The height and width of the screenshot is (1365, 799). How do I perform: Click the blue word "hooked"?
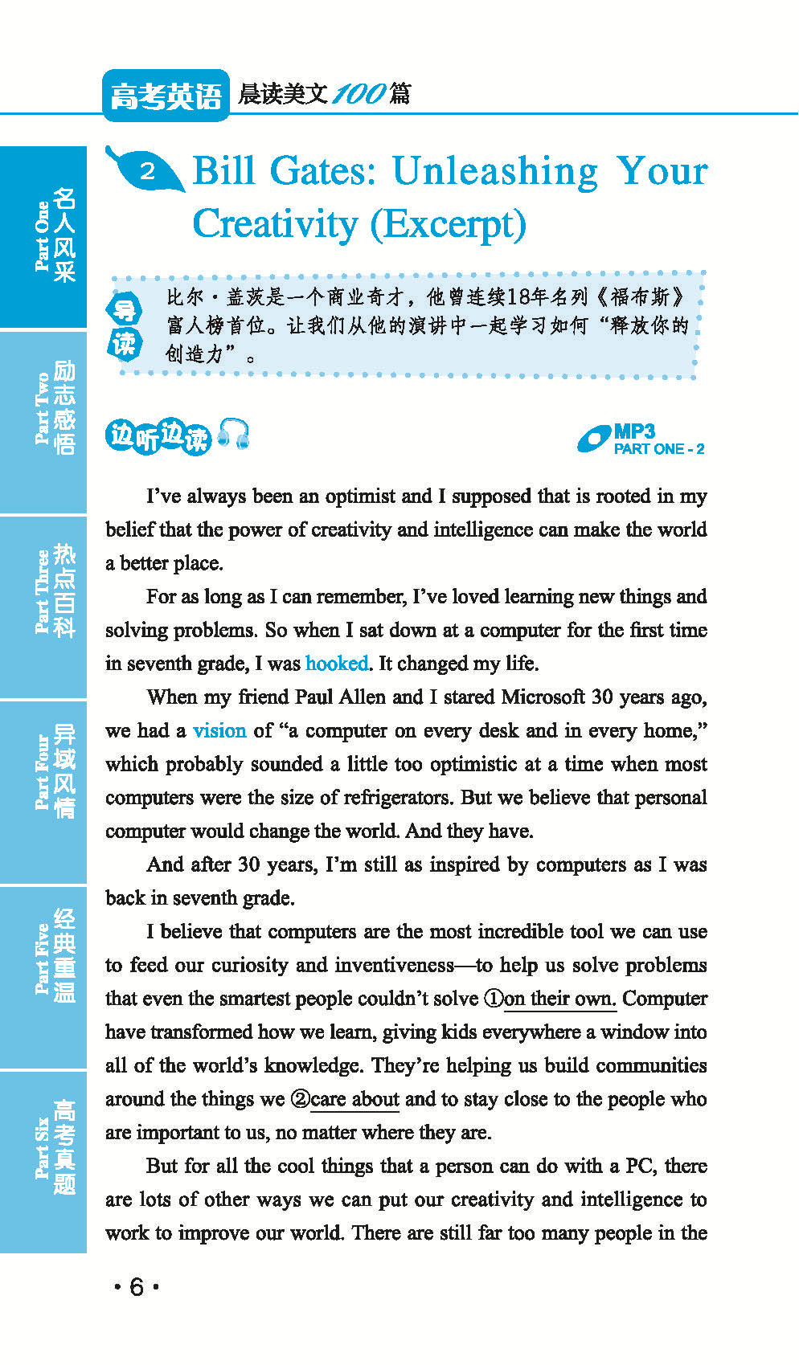[337, 664]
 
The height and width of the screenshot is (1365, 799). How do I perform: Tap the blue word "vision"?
[219, 730]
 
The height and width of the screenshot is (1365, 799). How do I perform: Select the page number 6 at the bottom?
[137, 1287]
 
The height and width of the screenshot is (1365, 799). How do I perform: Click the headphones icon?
[234, 434]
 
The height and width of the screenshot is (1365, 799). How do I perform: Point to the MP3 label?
[634, 432]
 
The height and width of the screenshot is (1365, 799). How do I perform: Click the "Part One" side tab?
[43, 236]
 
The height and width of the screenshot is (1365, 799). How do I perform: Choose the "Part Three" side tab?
[43, 606]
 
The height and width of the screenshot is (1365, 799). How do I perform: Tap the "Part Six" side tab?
[43, 1160]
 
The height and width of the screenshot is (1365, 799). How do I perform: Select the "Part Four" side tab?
[43, 792]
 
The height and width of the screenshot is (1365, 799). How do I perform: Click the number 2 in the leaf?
[147, 171]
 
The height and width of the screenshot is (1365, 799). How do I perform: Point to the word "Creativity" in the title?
[275, 224]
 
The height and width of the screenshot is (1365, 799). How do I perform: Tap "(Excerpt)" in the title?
[448, 224]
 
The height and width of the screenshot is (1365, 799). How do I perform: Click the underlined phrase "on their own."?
[560, 999]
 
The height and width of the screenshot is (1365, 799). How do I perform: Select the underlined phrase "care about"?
[354, 1099]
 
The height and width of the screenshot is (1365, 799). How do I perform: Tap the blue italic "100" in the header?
[359, 94]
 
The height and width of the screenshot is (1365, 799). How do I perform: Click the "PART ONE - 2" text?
[659, 449]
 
